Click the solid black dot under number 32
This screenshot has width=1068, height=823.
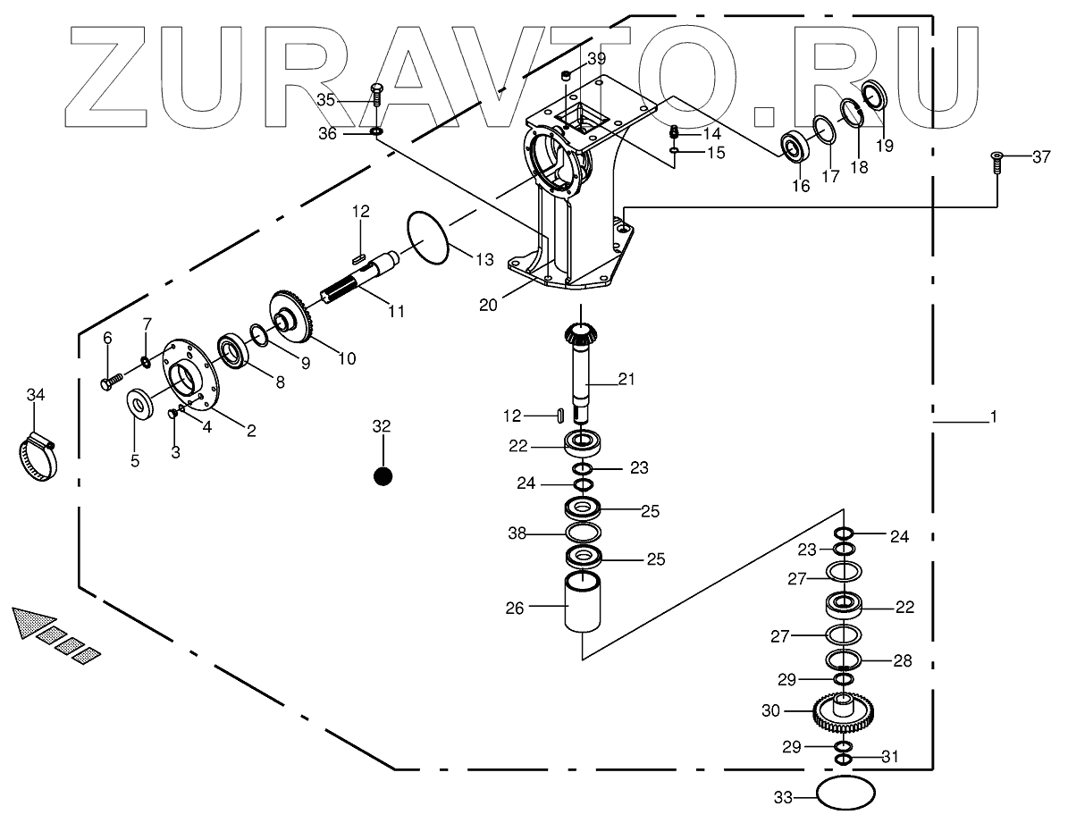pyautogui.click(x=383, y=476)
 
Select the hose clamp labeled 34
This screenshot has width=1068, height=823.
pyautogui.click(x=37, y=455)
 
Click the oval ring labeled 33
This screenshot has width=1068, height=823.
pyautogui.click(x=845, y=793)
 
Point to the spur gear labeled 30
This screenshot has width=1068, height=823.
pyautogui.click(x=845, y=711)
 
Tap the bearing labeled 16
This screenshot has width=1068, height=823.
pyautogui.click(x=795, y=146)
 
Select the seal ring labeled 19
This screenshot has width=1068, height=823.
pyautogui.click(x=873, y=96)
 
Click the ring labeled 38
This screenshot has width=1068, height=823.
pyautogui.click(x=583, y=533)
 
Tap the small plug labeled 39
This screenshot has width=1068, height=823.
pyautogui.click(x=566, y=76)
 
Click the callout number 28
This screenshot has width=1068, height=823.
pyautogui.click(x=903, y=661)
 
